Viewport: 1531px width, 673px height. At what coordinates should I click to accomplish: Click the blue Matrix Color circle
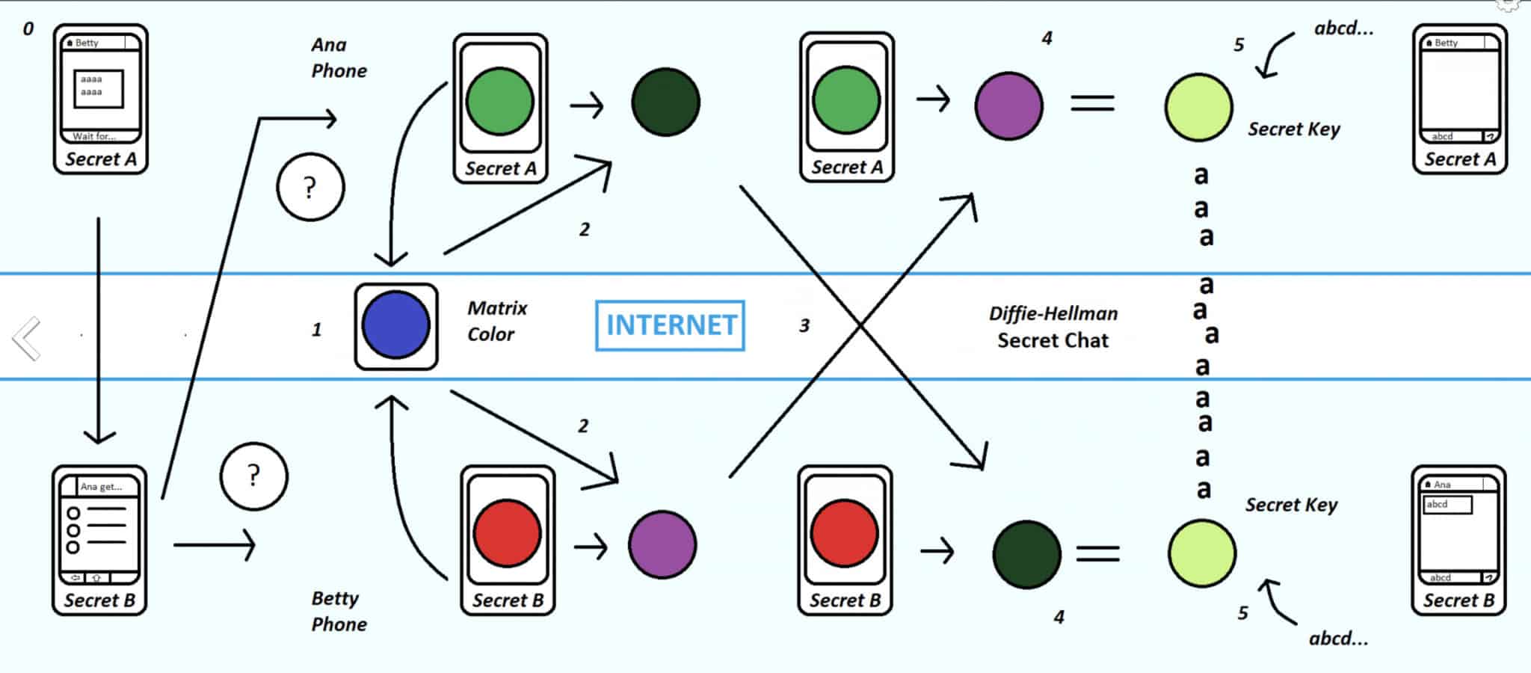click(395, 325)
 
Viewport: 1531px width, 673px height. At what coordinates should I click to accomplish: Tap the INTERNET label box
click(671, 325)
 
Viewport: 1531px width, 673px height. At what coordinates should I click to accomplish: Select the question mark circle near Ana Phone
click(310, 187)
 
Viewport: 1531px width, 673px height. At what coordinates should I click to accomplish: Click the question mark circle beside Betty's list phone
click(253, 476)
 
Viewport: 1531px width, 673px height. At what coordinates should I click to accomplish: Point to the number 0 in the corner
click(28, 29)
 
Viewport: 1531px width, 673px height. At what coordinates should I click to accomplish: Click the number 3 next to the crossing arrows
click(804, 326)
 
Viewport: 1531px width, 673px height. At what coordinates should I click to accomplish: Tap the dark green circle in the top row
click(665, 102)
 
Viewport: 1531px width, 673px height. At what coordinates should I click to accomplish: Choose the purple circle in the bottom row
click(662, 544)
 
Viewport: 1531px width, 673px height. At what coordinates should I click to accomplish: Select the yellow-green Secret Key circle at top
click(1198, 107)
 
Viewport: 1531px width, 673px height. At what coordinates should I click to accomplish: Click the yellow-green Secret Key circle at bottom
click(1201, 553)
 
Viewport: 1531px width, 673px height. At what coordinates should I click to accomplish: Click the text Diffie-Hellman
click(1053, 313)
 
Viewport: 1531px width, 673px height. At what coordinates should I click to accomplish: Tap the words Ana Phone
click(338, 58)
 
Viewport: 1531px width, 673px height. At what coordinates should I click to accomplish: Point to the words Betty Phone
click(338, 611)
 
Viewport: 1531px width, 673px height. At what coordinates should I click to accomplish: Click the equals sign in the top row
click(1092, 103)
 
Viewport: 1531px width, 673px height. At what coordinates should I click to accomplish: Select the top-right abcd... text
click(1343, 28)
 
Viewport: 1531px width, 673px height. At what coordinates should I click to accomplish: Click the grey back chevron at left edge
click(27, 339)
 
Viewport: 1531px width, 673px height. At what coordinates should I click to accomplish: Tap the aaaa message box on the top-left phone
click(98, 87)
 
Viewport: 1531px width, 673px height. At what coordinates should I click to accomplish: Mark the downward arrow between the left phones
click(99, 329)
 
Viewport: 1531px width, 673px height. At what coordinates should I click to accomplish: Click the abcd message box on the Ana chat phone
click(1447, 505)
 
